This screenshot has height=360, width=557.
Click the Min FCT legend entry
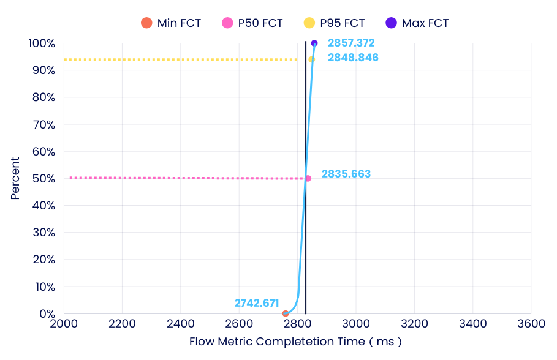pyautogui.click(x=170, y=23)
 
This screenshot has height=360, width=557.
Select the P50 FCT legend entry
pyautogui.click(x=252, y=23)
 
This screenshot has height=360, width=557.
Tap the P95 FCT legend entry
pyautogui.click(x=334, y=23)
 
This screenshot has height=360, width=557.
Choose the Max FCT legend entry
pyautogui.click(x=417, y=23)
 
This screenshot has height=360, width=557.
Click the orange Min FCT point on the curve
pyautogui.click(x=286, y=313)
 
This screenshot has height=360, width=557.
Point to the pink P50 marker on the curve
pyautogui.click(x=308, y=178)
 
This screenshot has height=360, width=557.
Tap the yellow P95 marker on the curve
pyautogui.click(x=311, y=59)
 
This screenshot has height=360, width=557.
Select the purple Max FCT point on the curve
pyautogui.click(x=314, y=43)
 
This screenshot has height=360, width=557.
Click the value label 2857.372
pyautogui.click(x=351, y=43)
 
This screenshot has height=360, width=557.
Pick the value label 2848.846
pyautogui.click(x=353, y=58)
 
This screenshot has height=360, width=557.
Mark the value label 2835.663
pyautogui.click(x=346, y=174)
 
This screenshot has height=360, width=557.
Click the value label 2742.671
pyautogui.click(x=257, y=303)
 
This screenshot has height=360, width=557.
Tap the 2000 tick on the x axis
pyautogui.click(x=64, y=324)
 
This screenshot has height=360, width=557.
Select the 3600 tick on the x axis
pyautogui.click(x=531, y=324)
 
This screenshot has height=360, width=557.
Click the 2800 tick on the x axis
pyautogui.click(x=297, y=324)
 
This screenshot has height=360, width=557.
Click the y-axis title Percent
pyautogui.click(x=15, y=178)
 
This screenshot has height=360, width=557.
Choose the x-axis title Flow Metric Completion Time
pyautogui.click(x=295, y=342)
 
